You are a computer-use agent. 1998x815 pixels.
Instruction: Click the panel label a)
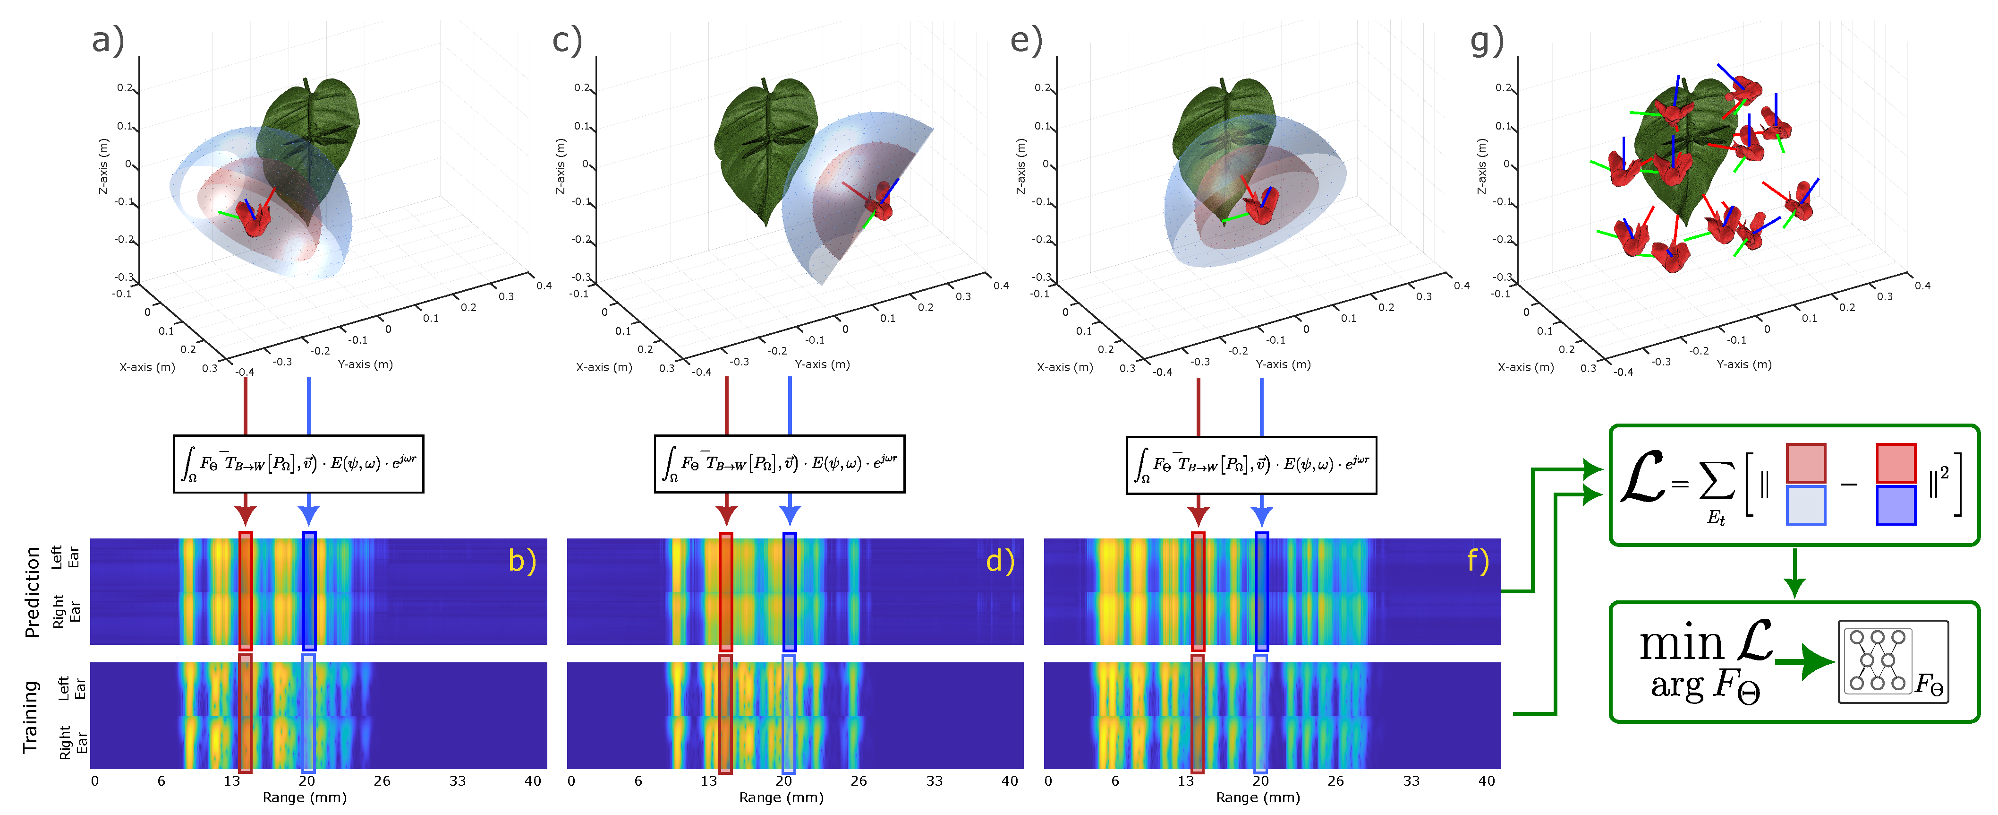tap(108, 40)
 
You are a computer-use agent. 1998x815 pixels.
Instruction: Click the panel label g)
tap(1487, 40)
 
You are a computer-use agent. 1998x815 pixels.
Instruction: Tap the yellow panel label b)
tap(522, 560)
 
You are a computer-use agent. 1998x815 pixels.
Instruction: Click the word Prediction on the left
tap(32, 591)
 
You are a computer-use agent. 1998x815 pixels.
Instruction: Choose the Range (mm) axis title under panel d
tap(781, 797)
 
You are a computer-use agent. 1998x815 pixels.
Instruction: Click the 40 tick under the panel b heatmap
tap(532, 781)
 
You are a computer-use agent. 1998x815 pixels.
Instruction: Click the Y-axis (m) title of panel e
tap(1283, 364)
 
